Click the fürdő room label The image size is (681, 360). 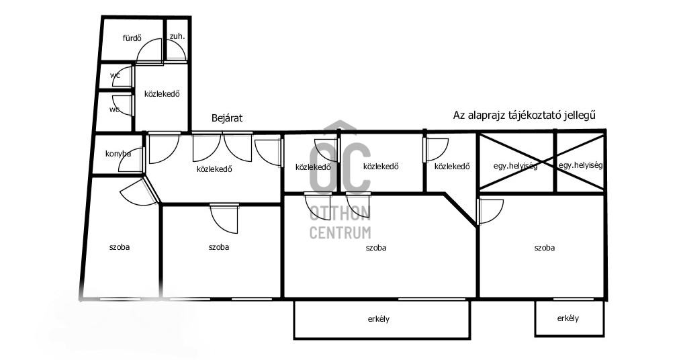(132, 38)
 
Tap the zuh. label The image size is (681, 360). (177, 36)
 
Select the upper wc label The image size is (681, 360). (115, 75)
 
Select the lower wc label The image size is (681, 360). (115, 109)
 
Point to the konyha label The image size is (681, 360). (118, 153)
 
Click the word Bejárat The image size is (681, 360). (227, 118)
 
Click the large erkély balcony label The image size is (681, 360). (379, 319)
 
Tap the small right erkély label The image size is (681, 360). (568, 318)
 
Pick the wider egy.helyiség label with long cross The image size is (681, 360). (516, 166)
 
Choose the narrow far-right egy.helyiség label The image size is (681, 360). (581, 165)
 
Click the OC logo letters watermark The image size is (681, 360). (340, 167)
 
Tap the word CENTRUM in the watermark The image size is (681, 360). (340, 233)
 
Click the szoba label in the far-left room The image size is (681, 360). (120, 247)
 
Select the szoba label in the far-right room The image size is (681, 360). (545, 248)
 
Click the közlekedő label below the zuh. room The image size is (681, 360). (162, 93)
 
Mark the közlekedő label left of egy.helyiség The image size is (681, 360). (452, 166)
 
